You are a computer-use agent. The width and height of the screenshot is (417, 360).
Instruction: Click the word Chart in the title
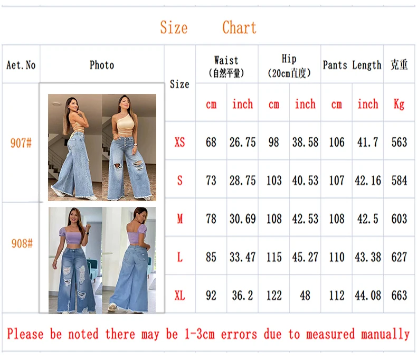(x=239, y=27)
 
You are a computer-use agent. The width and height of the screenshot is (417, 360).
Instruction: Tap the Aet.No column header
(x=21, y=65)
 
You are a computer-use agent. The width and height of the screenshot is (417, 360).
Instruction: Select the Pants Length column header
(x=352, y=65)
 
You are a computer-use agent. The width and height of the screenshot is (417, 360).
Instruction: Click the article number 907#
(x=21, y=143)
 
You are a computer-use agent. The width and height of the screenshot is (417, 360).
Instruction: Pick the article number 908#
(x=22, y=243)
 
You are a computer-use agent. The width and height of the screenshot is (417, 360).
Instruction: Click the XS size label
(x=180, y=142)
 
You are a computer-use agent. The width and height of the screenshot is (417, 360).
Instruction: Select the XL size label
(x=180, y=295)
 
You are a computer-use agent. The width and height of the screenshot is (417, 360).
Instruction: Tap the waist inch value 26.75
(x=242, y=142)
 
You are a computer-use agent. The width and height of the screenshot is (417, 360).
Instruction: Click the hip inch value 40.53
(x=305, y=181)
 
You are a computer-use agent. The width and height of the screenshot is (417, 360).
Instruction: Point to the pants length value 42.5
(x=367, y=219)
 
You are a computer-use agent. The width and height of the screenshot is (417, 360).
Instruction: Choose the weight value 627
(x=399, y=257)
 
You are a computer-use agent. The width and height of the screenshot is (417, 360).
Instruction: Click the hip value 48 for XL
(x=305, y=296)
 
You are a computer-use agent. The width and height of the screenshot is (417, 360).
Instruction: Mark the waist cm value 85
(x=211, y=257)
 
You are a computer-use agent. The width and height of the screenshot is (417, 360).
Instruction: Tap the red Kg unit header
(x=399, y=104)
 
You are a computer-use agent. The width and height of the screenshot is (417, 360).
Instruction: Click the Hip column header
(x=289, y=59)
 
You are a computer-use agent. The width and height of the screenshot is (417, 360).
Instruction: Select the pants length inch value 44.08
(x=368, y=296)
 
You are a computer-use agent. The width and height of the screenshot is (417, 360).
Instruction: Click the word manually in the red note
(x=385, y=334)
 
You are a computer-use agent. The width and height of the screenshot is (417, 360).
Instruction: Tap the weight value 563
(x=399, y=142)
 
